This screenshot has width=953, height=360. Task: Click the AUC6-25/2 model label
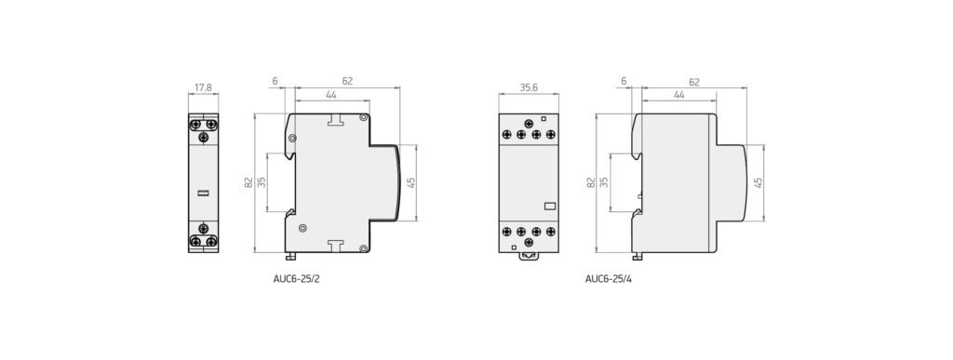297,279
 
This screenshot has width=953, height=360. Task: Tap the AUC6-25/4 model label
609,279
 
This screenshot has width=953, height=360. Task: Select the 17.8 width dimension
203,87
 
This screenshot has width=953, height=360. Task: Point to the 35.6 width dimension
529,87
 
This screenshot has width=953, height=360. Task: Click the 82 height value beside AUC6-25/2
248,181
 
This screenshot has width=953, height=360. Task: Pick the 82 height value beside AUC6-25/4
590,181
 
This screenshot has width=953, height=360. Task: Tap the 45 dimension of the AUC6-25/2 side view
410,182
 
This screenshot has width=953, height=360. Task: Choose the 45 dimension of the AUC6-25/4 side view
758,182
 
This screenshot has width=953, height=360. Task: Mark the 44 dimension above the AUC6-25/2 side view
332,95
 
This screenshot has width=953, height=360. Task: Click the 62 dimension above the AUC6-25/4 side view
694,81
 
